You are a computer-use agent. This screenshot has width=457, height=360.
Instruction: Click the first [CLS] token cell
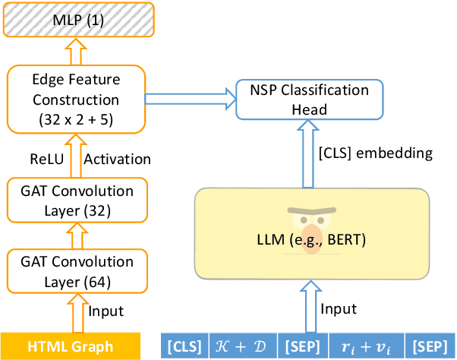(184, 346)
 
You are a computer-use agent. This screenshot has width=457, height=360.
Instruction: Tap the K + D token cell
(242, 346)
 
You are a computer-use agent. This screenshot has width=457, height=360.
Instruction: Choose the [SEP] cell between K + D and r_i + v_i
(302, 346)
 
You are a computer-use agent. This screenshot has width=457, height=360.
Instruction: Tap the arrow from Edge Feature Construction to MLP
(74, 53)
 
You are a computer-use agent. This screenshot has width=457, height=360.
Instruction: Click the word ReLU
(47, 159)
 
